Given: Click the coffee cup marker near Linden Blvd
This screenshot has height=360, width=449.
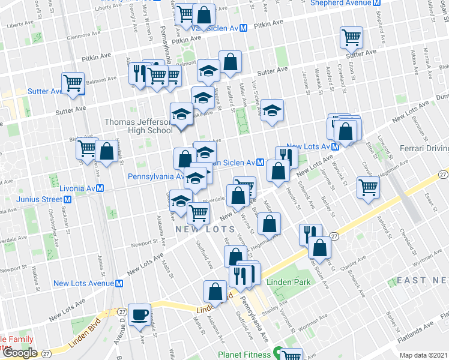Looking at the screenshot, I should pos(141,314).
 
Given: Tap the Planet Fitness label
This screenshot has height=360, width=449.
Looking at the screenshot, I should pos(244,355).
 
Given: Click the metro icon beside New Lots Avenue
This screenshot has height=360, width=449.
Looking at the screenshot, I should pos(119,283).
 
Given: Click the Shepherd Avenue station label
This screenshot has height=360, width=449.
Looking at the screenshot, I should pos(343,2).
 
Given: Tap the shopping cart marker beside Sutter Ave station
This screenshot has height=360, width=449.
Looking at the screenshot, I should pos(73,83).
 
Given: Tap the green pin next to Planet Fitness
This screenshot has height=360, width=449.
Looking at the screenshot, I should pos(278,354).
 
